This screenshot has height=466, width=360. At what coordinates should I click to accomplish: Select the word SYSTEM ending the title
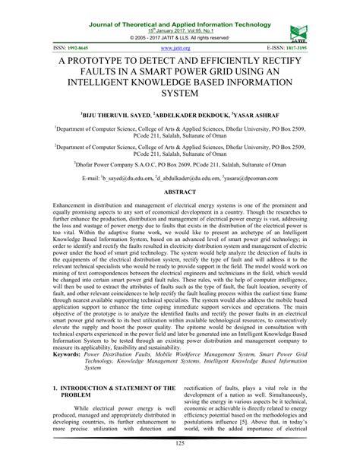180,93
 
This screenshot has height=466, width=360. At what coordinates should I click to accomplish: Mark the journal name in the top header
180,6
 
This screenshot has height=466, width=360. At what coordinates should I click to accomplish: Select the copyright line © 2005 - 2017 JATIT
180,36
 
